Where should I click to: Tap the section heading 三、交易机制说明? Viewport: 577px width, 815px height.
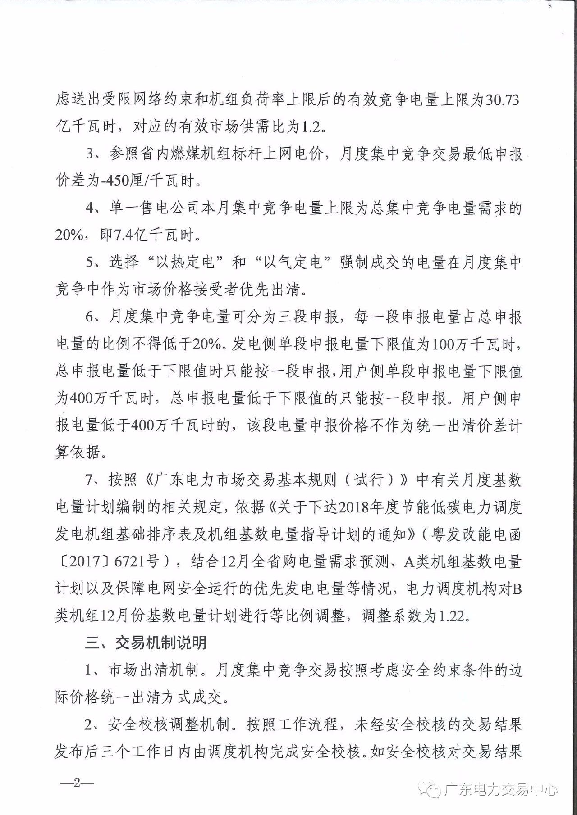point(146,643)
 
